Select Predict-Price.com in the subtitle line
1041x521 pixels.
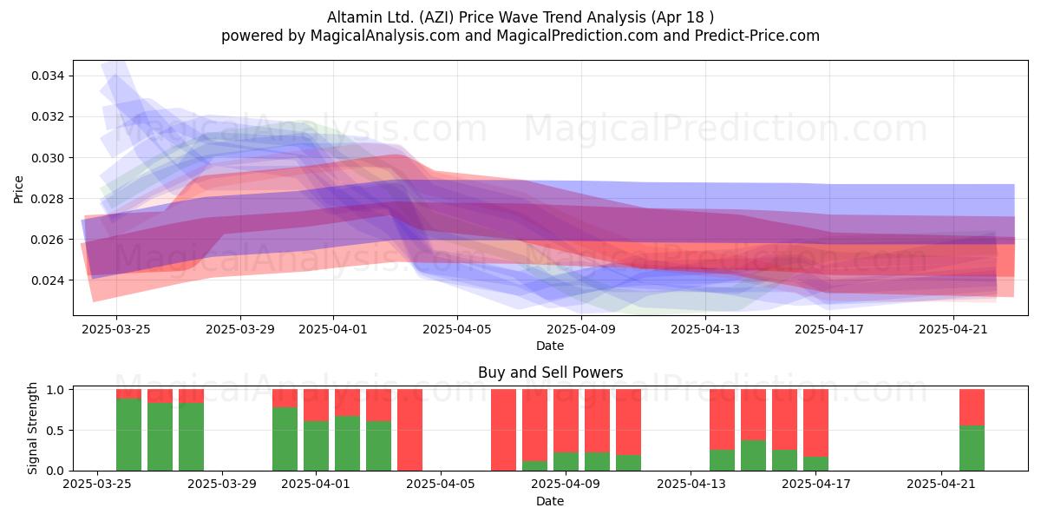[757, 36]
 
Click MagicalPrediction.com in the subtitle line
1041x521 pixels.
[577, 36]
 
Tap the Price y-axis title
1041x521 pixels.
[18, 189]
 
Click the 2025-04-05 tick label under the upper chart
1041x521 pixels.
[457, 329]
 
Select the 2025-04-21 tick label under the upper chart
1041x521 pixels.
[953, 329]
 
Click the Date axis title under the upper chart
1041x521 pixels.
[550, 346]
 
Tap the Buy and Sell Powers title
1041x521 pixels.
[550, 373]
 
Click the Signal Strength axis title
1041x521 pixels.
[32, 428]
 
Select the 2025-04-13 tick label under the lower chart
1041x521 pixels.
[691, 485]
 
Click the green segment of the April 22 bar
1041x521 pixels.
[972, 448]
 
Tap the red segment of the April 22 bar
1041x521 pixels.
[972, 407]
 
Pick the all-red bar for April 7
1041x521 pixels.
[503, 430]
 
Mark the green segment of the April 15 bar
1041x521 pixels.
[753, 455]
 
